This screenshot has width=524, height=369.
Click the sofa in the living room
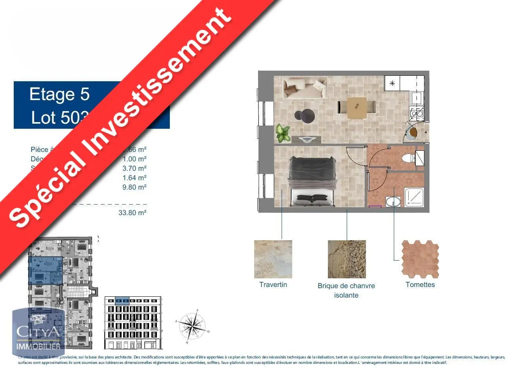305,87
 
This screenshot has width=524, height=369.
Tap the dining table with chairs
357,108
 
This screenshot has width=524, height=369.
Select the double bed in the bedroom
312,181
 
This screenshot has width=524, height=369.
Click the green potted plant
283,133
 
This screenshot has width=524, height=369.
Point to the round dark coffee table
305,115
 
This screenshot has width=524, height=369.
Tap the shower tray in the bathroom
414,197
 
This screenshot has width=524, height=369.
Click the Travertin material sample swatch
273,259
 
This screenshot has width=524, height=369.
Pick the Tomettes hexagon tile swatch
420,259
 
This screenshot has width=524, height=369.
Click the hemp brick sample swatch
347,259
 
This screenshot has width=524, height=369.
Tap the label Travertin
273,285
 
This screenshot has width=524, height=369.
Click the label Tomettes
420,285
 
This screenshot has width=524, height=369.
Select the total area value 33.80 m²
132,213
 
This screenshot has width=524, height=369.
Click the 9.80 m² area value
134,187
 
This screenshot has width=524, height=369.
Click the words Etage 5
60,94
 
